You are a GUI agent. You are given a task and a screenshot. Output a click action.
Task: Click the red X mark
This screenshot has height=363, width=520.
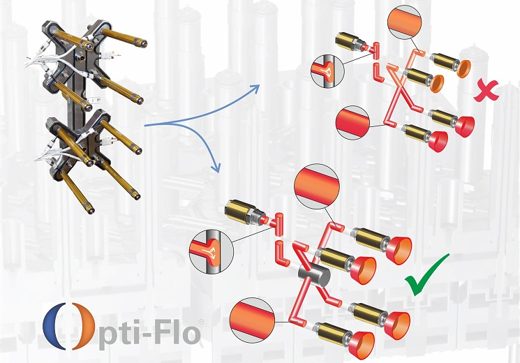(486, 91)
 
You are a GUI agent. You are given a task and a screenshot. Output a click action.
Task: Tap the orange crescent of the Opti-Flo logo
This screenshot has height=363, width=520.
(83, 326)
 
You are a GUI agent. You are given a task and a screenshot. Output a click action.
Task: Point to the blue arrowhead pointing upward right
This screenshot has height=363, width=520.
(254, 89)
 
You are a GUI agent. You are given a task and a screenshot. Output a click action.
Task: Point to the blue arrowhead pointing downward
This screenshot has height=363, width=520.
(216, 168)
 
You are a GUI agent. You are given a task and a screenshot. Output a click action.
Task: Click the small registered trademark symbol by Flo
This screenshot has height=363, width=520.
(201, 322)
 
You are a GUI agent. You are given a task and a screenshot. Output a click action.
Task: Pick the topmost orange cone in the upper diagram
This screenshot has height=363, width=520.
(463, 68)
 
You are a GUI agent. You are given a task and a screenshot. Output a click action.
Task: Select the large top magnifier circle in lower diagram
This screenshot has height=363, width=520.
(317, 186)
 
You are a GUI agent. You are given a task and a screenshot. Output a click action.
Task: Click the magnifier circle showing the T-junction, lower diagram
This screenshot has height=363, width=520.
(211, 253)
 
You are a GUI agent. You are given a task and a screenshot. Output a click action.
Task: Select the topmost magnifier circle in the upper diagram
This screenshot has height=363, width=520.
(404, 22)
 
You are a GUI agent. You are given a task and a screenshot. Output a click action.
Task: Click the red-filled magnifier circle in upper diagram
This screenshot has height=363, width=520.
(353, 122)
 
